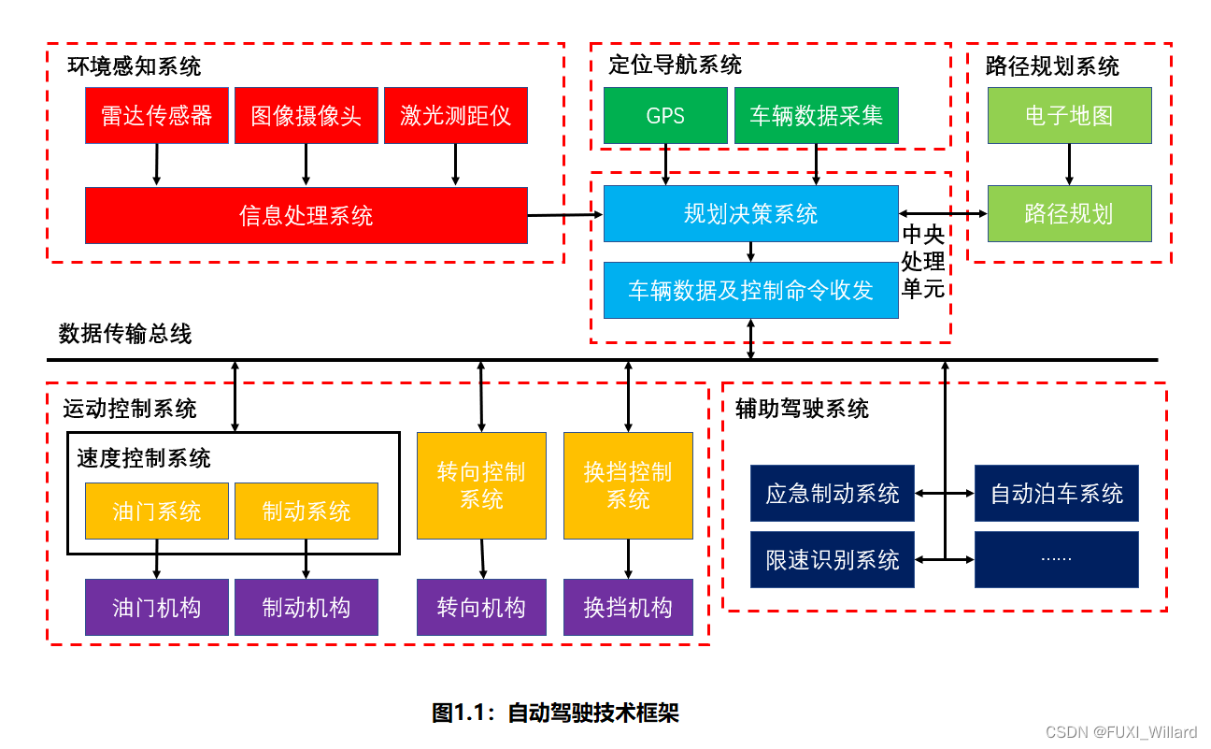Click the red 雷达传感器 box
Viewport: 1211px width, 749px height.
click(156, 116)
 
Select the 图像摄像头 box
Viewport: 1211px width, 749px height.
click(306, 116)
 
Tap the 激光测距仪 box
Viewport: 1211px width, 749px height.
click(455, 116)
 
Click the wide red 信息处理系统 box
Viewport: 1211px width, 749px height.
click(306, 215)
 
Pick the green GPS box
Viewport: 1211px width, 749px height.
click(665, 116)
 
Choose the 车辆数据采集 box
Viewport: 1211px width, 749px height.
click(816, 116)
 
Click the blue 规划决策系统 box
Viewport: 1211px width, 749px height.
click(750, 214)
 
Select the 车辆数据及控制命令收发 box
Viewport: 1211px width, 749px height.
click(750, 290)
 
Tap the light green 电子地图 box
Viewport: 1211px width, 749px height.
click(1069, 116)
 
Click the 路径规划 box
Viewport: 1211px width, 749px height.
click(1069, 214)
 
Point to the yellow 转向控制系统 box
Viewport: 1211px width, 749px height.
click(481, 485)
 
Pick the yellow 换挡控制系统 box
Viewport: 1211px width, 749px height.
click(628, 485)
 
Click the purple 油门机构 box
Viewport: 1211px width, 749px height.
click(156, 608)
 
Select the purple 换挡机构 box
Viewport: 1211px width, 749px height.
click(628, 608)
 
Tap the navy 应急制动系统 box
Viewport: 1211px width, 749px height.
click(832, 494)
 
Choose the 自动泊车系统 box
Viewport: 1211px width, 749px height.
click(1056, 494)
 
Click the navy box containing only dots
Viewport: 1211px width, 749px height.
click(1056, 559)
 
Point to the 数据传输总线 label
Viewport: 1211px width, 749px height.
click(125, 334)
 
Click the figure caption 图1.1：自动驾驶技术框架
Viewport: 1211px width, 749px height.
click(555, 713)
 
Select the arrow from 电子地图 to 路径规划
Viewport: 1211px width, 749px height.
click(1069, 165)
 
